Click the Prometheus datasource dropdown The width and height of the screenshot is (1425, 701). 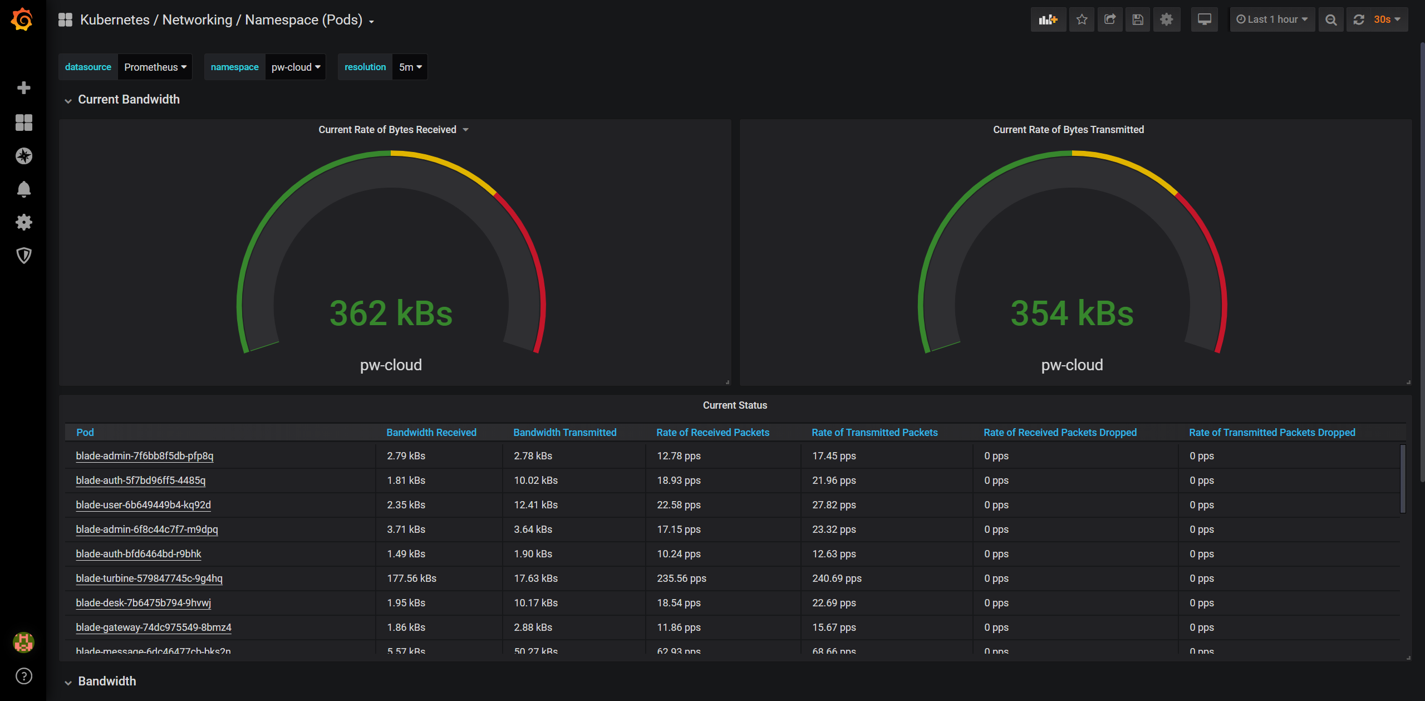pyautogui.click(x=155, y=67)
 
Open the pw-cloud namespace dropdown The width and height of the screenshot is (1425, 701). pyautogui.click(x=295, y=67)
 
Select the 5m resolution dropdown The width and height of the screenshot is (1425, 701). pyautogui.click(x=410, y=67)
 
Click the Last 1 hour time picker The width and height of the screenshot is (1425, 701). pyautogui.click(x=1272, y=19)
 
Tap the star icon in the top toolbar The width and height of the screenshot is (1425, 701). pyautogui.click(x=1082, y=19)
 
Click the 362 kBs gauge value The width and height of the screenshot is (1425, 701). pyautogui.click(x=391, y=313)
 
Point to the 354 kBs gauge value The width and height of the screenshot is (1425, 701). pyautogui.click(x=1072, y=313)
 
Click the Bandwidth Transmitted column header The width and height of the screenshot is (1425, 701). pyautogui.click(x=564, y=433)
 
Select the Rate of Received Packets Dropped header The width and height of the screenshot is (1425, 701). pyautogui.click(x=1060, y=433)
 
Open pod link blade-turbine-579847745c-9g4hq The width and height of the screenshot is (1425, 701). pyautogui.click(x=149, y=579)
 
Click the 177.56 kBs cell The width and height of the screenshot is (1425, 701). pyautogui.click(x=411, y=579)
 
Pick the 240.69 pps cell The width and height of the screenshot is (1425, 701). pyautogui.click(x=837, y=579)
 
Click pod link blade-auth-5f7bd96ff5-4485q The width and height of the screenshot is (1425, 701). pyautogui.click(x=141, y=481)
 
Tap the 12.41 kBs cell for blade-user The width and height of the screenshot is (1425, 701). pyautogui.click(x=535, y=505)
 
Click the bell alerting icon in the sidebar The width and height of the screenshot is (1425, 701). pyautogui.click(x=23, y=189)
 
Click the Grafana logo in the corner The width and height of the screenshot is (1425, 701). pyautogui.click(x=22, y=19)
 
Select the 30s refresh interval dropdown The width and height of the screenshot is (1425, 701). pyautogui.click(x=1385, y=19)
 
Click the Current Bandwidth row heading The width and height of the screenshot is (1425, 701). pyautogui.click(x=129, y=100)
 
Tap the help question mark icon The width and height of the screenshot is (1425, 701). pyautogui.click(x=23, y=676)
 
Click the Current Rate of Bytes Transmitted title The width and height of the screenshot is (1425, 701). pyautogui.click(x=1068, y=130)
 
